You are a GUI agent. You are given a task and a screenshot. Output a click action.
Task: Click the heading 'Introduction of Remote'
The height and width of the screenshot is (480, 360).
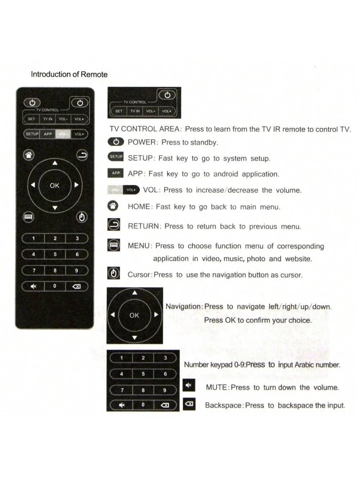[x=69, y=75]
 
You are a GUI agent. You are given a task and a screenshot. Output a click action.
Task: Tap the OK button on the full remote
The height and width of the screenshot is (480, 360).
[x=55, y=185]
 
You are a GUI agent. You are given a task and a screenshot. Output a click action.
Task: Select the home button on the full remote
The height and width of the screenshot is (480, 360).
[x=29, y=155]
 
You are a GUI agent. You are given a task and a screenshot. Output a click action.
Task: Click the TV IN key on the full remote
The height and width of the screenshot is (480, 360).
[x=48, y=119]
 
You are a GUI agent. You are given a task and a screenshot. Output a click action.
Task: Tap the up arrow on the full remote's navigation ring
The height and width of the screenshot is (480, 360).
[x=55, y=163]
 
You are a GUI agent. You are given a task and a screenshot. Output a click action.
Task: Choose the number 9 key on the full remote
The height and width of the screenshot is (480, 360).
[x=76, y=270]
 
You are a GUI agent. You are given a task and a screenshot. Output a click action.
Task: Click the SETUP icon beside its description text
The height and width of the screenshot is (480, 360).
[x=116, y=157]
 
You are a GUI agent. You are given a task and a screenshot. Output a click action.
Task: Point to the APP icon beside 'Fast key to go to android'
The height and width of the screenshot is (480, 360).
[x=116, y=173]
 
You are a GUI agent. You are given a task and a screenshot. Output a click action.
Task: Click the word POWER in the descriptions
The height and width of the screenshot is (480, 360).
[x=141, y=142]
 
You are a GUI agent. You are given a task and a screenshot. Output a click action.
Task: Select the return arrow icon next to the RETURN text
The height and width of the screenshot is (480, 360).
[x=114, y=225]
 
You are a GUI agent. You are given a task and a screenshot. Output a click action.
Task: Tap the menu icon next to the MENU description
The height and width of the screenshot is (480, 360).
[x=114, y=245]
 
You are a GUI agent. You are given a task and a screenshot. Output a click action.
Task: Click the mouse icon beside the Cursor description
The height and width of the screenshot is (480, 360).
[x=114, y=274]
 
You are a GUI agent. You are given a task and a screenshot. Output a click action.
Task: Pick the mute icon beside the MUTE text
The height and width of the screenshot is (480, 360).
[x=189, y=385]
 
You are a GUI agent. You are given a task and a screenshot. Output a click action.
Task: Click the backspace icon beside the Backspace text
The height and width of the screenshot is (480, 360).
[x=189, y=404]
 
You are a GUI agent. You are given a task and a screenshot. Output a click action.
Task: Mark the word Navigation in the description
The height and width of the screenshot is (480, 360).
[x=183, y=306]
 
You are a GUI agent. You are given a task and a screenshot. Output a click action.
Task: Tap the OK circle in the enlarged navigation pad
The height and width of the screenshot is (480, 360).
[x=134, y=315]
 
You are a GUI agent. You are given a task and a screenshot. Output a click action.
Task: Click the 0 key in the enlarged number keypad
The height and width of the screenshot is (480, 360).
[x=143, y=405]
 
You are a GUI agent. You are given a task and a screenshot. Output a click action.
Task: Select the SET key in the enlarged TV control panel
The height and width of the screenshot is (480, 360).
[x=119, y=111]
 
